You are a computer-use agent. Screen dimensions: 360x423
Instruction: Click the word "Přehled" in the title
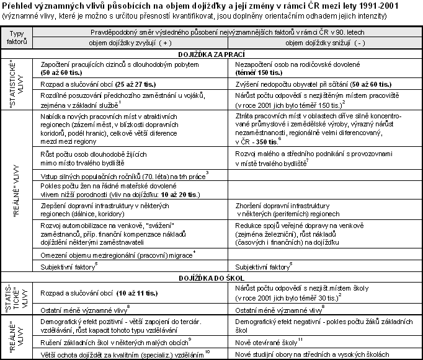click(x=19, y=5)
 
